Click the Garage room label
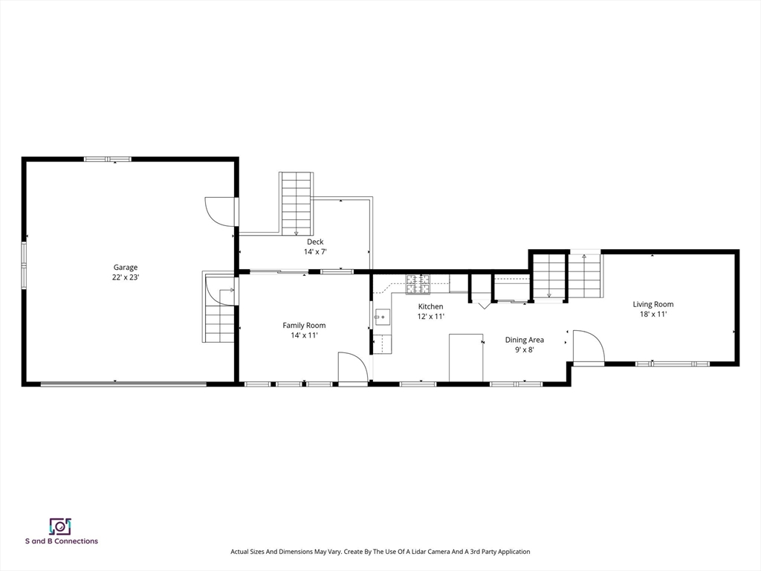point(125,267)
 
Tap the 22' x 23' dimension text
point(125,277)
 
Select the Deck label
point(315,242)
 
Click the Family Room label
point(304,326)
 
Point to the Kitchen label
point(430,306)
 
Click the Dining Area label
point(524,340)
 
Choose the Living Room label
point(652,304)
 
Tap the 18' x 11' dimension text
point(652,314)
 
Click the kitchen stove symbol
point(418,284)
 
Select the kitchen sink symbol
point(383,317)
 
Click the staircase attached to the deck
point(296,204)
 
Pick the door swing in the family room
point(353,369)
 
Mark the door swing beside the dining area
point(589,346)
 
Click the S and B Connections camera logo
point(61,526)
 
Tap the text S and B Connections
point(62,541)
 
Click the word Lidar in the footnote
point(421,552)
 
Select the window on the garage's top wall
point(108,159)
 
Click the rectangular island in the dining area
point(466,358)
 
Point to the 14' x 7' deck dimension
point(315,251)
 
